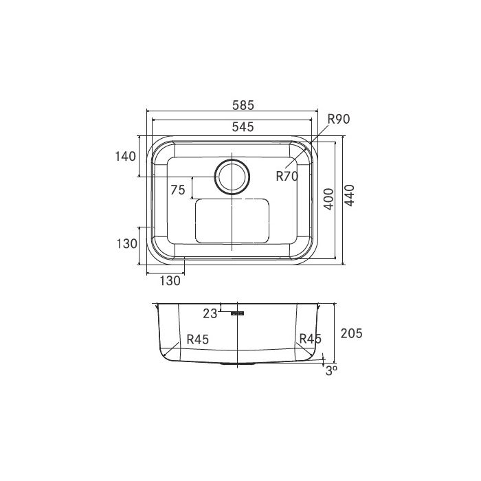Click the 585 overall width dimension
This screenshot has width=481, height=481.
tap(243, 105)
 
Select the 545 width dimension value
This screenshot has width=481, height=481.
tap(243, 126)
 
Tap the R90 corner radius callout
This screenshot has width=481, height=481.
tap(339, 120)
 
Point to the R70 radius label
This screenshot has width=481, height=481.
tap(287, 176)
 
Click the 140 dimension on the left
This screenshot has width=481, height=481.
tap(125, 157)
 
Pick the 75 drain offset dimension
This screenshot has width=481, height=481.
tap(177, 190)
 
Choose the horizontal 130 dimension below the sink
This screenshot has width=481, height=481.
tap(170, 280)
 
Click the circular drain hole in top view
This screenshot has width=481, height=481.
tap(232, 177)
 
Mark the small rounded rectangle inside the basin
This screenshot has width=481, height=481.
tap(232, 221)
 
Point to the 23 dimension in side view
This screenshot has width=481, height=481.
tap(210, 313)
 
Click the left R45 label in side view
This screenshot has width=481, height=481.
tap(197, 339)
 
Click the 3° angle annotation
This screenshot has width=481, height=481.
tap(331, 370)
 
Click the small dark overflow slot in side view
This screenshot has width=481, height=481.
tap(238, 313)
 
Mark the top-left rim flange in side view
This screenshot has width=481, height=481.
tap(157, 306)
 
